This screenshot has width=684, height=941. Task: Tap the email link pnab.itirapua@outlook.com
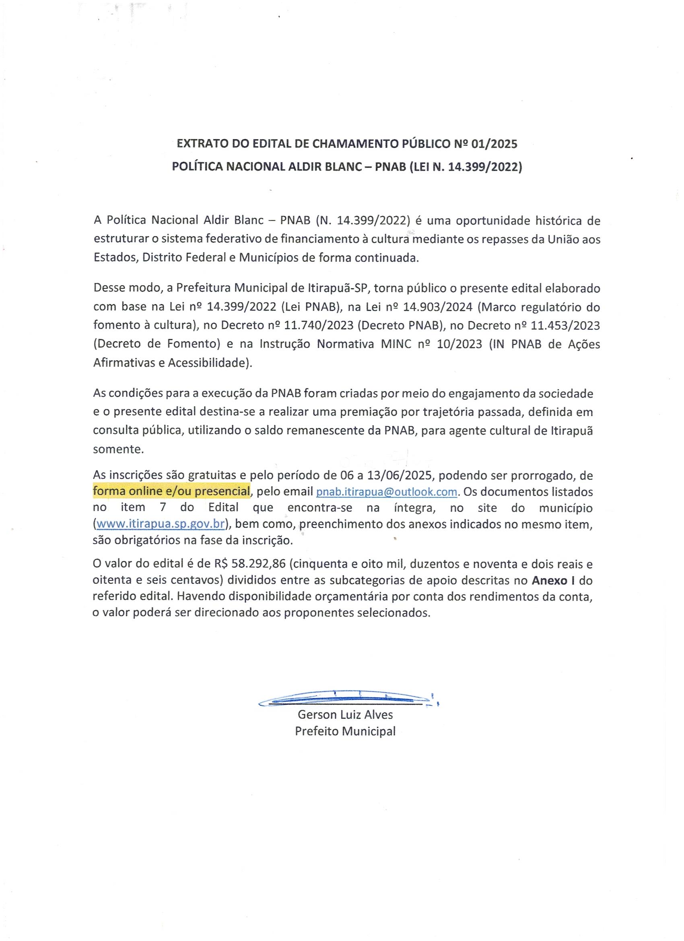click(x=387, y=492)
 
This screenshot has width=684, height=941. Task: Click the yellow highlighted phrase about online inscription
click(x=171, y=491)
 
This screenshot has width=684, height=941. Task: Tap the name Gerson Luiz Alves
click(x=345, y=714)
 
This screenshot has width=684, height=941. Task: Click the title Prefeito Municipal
click(x=345, y=731)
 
